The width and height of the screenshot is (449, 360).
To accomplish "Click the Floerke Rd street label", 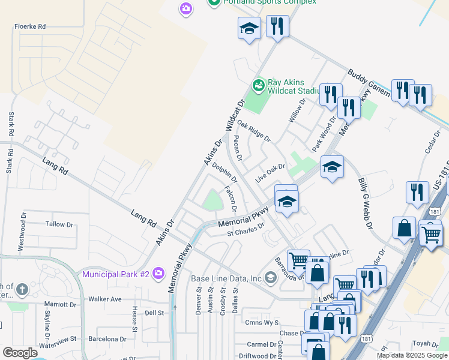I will click(30, 27).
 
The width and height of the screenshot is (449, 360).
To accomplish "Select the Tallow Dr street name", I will click(59, 224).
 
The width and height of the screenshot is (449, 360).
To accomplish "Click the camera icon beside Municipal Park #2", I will click(158, 274).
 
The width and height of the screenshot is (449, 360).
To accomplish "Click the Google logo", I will click(20, 353).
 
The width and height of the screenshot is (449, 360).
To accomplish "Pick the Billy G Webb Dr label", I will click(366, 205).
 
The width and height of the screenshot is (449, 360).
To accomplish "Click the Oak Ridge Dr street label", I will click(253, 130).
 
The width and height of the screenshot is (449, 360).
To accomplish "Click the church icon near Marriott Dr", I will click(22, 289).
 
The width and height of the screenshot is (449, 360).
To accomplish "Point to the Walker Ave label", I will click(104, 299).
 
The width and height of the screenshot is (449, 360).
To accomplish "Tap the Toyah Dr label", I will click(425, 344).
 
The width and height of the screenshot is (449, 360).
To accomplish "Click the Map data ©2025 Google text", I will click(412, 355).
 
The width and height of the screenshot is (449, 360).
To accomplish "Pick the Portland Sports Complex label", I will click(270, 2).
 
